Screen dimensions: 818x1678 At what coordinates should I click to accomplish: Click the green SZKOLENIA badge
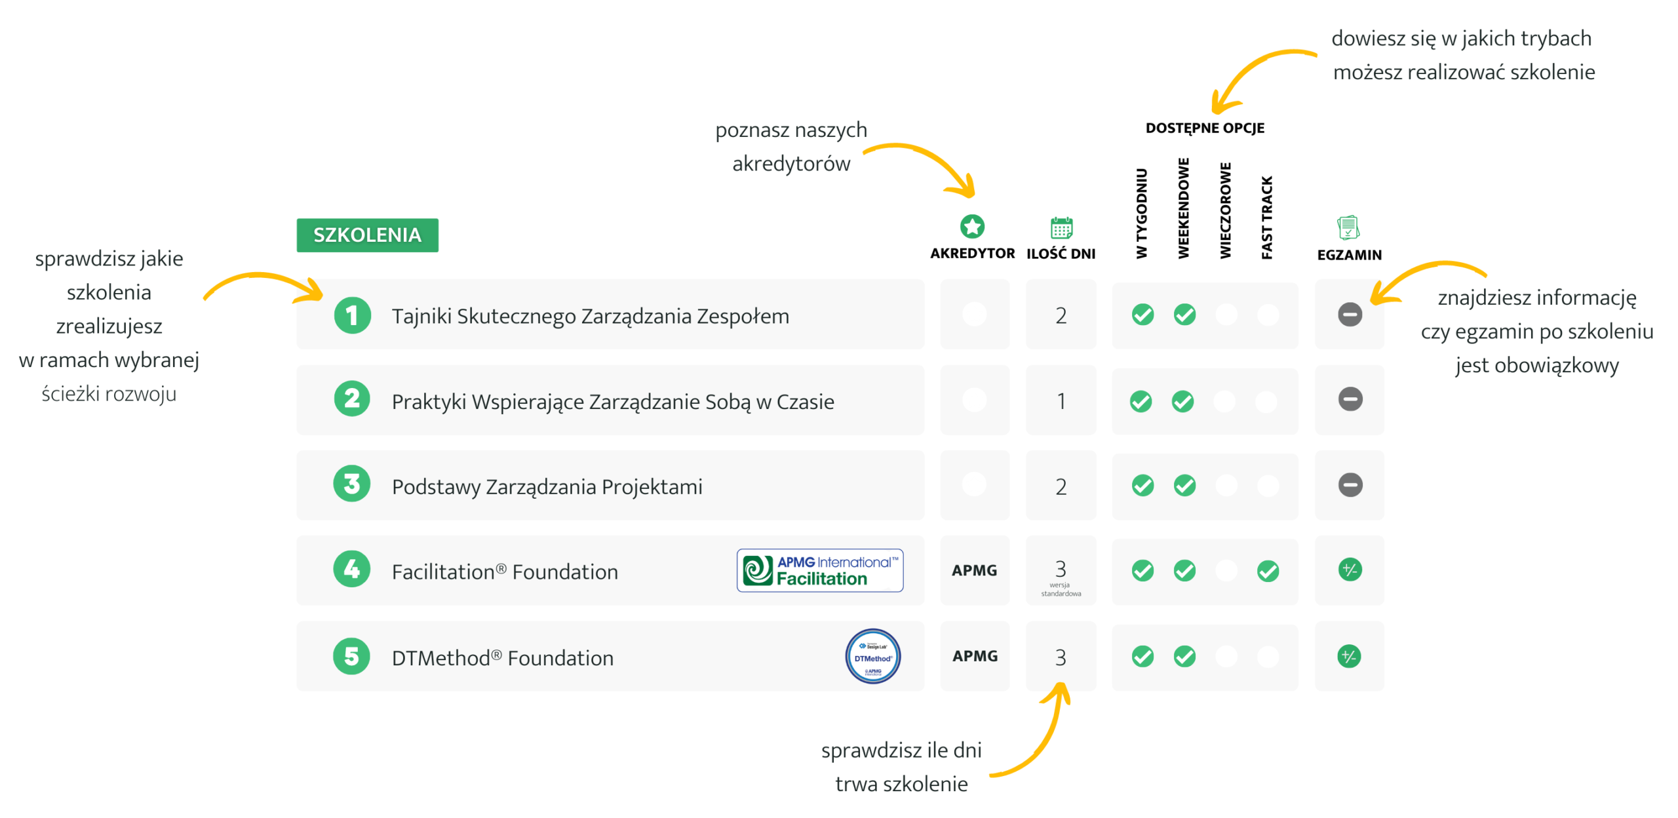pos(367,235)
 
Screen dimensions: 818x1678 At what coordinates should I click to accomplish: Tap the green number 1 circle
pos(352,315)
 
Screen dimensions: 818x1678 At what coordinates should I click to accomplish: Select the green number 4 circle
pos(352,569)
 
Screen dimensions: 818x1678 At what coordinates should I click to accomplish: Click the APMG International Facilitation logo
pos(820,570)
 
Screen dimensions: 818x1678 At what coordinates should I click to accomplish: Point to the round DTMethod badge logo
pos(872,656)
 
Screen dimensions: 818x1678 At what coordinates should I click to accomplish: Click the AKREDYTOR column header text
pos(972,254)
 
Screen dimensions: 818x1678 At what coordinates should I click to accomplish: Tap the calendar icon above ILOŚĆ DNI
pos(1061,227)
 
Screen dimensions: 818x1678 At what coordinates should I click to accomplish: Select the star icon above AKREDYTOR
pos(972,226)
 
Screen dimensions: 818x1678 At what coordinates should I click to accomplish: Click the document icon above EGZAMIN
pos(1348,227)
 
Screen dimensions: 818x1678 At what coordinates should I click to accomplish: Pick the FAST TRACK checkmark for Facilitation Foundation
pos(1268,571)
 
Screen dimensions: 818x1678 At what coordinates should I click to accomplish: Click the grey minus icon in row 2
pos(1350,399)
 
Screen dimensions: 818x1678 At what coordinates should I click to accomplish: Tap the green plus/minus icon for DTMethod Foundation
pos(1349,656)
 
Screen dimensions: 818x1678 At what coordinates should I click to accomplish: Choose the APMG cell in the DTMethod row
pos(975,656)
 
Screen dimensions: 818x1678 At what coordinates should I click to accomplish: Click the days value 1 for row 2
pos(1061,401)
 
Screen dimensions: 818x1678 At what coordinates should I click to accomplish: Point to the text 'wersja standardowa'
pos(1061,589)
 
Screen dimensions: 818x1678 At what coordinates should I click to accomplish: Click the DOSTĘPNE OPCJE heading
pos(1205,128)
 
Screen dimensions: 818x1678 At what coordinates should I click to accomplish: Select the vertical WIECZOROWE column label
pos(1225,210)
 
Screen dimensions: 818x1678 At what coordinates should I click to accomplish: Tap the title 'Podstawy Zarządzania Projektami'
pos(547,487)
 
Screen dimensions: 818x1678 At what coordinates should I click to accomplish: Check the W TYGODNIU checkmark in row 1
pos(1142,315)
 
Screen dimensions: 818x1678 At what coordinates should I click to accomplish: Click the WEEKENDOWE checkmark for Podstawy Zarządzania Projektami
pos(1184,486)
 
